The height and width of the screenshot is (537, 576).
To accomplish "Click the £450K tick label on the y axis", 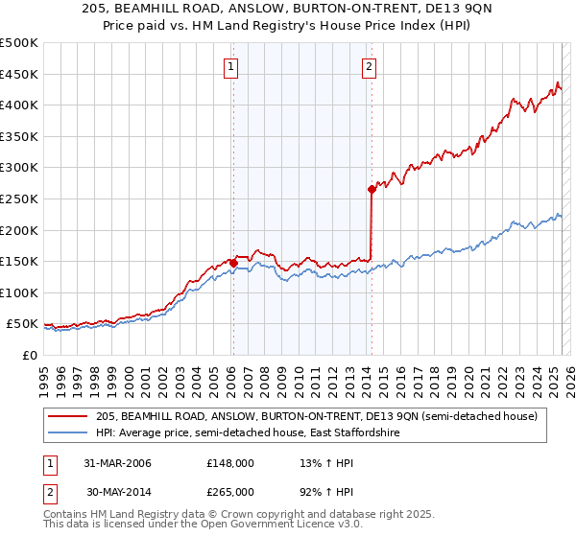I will [x=19, y=75].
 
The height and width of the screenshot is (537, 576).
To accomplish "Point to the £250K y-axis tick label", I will [x=19, y=198].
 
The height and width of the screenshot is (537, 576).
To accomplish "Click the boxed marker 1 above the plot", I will [x=233, y=67].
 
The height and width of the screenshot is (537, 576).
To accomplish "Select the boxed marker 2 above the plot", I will [x=370, y=67].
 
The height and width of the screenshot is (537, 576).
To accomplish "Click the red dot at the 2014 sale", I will [x=372, y=190].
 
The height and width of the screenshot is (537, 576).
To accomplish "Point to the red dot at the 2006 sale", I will [x=233, y=263].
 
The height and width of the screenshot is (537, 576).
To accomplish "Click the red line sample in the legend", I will [x=69, y=416].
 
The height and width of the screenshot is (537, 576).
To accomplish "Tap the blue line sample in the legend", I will [x=69, y=433].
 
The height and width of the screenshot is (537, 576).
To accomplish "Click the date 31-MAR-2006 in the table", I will [x=116, y=464].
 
